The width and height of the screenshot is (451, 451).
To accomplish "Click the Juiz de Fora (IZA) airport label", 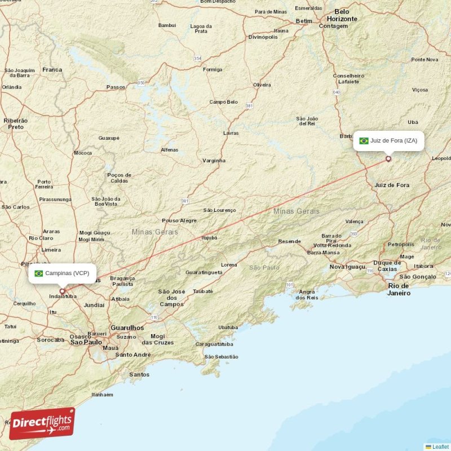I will [388, 140].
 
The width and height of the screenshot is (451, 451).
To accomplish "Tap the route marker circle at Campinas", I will [63, 291].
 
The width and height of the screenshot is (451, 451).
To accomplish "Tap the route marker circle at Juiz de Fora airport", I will [388, 159].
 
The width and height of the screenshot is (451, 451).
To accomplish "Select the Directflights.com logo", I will [42, 423].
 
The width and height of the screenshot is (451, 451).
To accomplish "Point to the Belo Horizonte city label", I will [342, 15].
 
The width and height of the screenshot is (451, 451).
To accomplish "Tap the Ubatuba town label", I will [228, 327].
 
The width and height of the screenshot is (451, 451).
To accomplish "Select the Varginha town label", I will [214, 161].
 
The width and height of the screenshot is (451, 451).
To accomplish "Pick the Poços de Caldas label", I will [119, 178].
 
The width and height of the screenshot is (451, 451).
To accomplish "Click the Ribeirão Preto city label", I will [15, 123].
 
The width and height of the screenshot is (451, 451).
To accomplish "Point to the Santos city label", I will [139, 374].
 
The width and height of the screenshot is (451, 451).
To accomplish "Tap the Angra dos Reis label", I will [308, 294].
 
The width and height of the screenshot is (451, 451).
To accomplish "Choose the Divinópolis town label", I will [263, 37].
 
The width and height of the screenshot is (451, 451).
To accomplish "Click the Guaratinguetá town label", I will [204, 272].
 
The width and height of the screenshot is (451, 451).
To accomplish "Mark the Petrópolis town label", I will [401, 244].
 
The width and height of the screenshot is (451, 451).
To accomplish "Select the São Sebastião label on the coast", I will [222, 356].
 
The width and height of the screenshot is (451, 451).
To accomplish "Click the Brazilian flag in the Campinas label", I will [38, 273].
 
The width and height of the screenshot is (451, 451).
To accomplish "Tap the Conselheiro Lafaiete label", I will [348, 78].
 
